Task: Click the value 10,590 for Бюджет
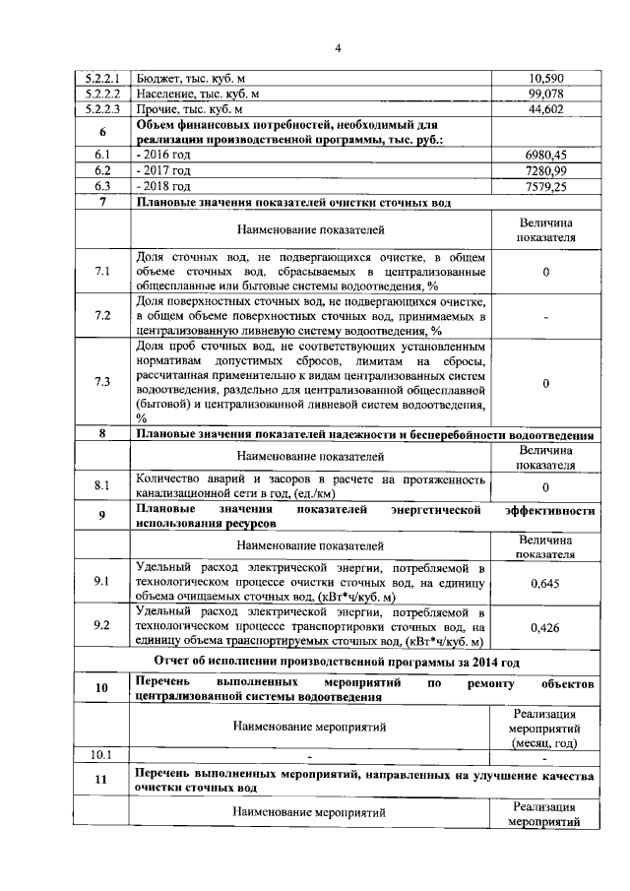point(545,78)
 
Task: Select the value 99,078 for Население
point(545,94)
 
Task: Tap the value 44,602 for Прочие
point(545,109)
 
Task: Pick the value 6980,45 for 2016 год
point(545,156)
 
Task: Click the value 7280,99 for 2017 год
point(545,170)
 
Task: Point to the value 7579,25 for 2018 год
point(545,186)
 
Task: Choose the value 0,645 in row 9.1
point(545,584)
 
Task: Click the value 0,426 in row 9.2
point(545,626)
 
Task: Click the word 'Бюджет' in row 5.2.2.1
point(157,78)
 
